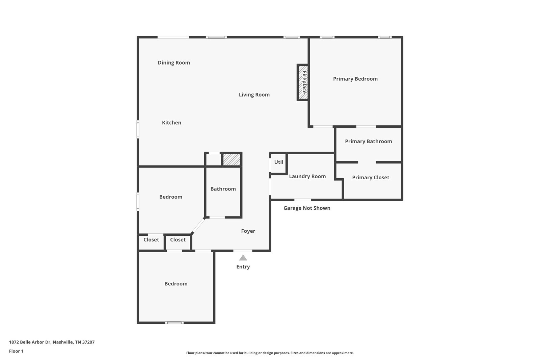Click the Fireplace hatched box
click(x=303, y=82)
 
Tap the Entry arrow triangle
click(x=243, y=258)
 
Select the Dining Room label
click(x=174, y=62)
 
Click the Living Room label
click(x=254, y=95)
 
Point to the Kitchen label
click(x=171, y=123)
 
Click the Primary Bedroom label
click(x=355, y=79)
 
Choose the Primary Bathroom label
click(x=368, y=142)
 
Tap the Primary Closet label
click(x=371, y=177)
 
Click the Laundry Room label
click(x=307, y=176)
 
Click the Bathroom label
click(x=223, y=189)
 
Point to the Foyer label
click(x=248, y=231)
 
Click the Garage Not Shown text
click(x=307, y=208)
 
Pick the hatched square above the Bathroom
click(x=232, y=159)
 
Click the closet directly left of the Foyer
click(x=178, y=242)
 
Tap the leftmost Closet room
click(x=151, y=242)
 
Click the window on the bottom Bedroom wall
click(x=174, y=323)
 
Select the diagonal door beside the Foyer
click(x=198, y=226)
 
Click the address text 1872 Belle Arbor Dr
click(x=52, y=342)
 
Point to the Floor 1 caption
click(x=16, y=351)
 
